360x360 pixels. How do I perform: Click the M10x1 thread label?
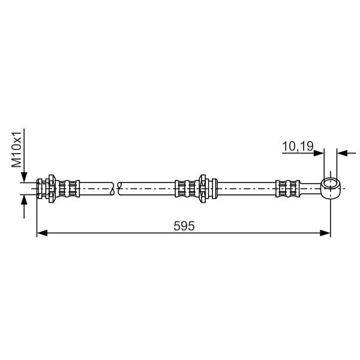click(16, 149)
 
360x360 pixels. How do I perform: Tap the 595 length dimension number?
click(184, 226)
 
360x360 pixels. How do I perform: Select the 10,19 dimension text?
click(298, 146)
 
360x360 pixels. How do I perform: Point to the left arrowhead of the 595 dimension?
click(42, 233)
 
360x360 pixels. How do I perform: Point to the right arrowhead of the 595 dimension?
click(325, 233)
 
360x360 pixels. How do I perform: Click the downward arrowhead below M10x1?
click(24, 178)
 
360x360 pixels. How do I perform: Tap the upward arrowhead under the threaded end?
click(24, 199)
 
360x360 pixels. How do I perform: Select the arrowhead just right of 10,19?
click(319, 153)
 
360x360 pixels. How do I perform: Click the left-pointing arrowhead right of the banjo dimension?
click(342, 153)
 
